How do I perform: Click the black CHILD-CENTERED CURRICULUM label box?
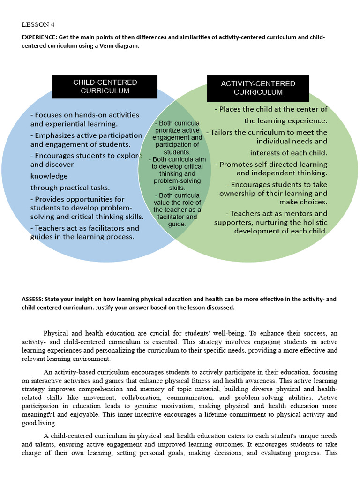tap(105, 87)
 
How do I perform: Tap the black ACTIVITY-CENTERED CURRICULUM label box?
tap(258, 88)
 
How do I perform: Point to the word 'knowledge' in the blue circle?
tap(49, 176)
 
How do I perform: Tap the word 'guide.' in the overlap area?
tap(177, 224)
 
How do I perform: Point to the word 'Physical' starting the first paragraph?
tap(56, 333)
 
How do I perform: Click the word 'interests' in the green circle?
tap(266, 153)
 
